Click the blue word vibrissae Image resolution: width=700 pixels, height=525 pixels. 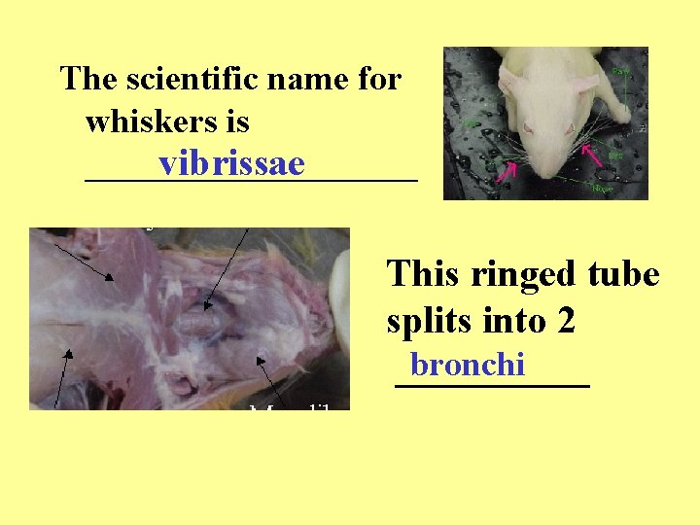232,164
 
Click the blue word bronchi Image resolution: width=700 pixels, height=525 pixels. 468,365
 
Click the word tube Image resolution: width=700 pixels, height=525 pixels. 624,274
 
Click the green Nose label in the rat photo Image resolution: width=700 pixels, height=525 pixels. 602,188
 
